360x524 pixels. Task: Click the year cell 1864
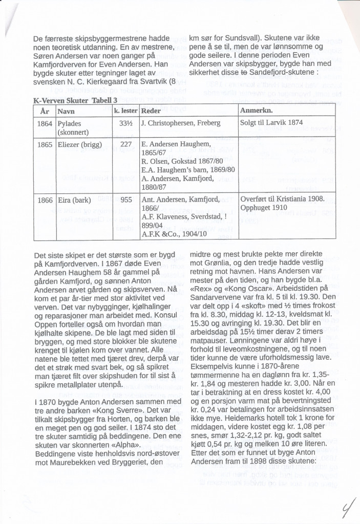click(45, 123)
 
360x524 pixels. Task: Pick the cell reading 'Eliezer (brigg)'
click(79, 144)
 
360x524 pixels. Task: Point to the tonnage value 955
click(126, 199)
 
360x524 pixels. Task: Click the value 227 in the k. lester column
click(126, 144)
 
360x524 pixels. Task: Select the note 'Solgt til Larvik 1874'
click(272, 123)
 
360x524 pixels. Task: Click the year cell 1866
click(45, 199)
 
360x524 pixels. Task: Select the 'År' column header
click(45, 111)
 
